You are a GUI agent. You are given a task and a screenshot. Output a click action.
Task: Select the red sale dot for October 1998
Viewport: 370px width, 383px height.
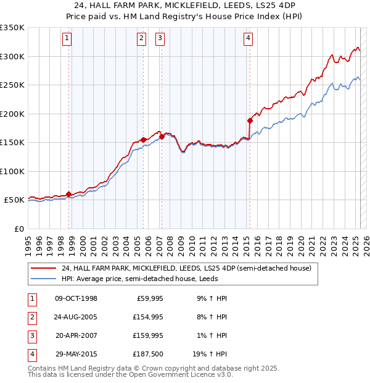click(x=68, y=193)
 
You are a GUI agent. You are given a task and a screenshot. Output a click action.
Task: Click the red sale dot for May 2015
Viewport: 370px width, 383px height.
click(x=250, y=120)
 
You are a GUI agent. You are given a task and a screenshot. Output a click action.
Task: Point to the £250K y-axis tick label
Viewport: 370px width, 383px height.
click(x=12, y=85)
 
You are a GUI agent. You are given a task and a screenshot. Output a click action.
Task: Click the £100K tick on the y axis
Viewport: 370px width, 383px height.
click(x=12, y=171)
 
